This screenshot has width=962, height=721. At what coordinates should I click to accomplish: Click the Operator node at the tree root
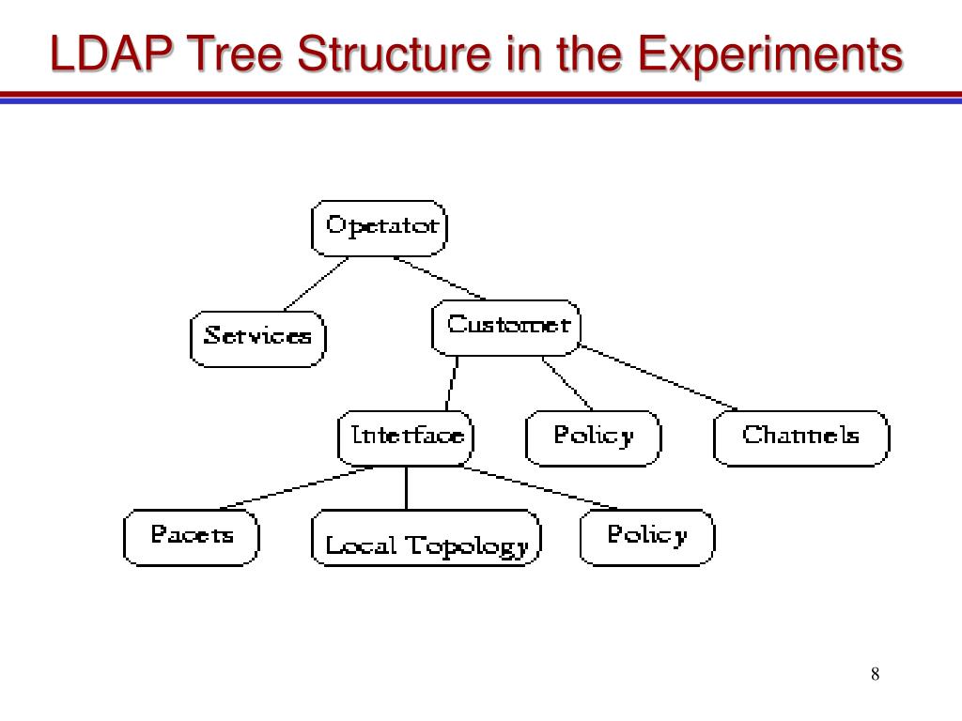[380, 227]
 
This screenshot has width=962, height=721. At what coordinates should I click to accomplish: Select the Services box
[257, 338]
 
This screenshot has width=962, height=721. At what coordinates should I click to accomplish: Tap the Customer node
[506, 327]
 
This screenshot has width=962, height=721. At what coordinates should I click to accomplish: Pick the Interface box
[406, 437]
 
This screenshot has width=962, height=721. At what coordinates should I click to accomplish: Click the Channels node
[800, 437]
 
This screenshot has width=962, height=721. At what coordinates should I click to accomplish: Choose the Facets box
[192, 536]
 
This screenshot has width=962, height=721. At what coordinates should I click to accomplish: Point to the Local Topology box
[426, 538]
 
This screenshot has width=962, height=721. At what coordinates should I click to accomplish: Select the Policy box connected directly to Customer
[593, 437]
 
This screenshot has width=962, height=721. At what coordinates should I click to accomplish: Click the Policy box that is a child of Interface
[647, 536]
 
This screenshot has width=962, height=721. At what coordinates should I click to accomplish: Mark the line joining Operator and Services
[317, 283]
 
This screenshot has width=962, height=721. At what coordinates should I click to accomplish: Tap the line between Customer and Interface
[453, 383]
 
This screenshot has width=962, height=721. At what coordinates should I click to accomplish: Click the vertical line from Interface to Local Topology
[406, 487]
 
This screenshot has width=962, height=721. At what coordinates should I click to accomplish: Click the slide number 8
[875, 675]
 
